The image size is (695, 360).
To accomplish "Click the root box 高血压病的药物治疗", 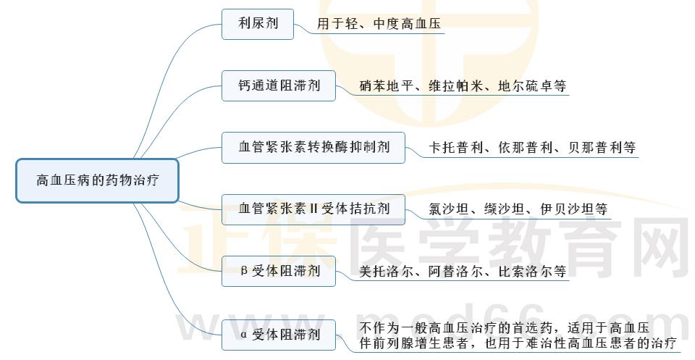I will tap(96, 180).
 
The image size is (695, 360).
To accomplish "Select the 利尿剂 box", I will tap(258, 24).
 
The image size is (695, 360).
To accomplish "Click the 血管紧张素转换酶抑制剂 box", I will tap(313, 147).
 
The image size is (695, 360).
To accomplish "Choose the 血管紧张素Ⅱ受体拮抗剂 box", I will tap(313, 209).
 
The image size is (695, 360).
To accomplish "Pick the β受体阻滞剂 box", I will tap(279, 272).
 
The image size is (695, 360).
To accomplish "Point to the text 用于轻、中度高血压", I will tap(379, 24).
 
